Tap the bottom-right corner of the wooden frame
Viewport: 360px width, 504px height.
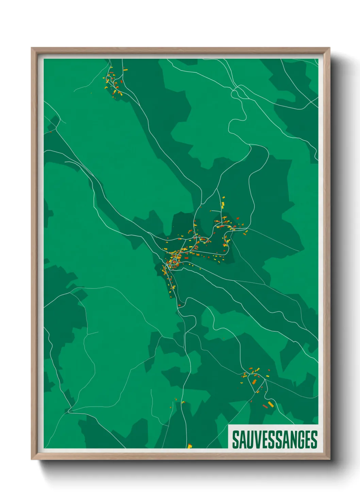click(x=329, y=459)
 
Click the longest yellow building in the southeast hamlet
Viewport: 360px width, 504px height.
click(x=271, y=404)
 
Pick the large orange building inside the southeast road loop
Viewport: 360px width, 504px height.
click(x=254, y=381)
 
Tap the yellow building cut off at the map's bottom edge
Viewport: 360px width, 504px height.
click(x=190, y=446)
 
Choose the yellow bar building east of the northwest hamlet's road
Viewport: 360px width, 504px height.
click(x=125, y=70)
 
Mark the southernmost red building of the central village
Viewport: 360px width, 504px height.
click(x=179, y=305)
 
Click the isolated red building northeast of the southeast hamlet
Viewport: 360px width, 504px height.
click(x=269, y=370)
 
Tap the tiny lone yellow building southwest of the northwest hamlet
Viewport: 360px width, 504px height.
click(x=91, y=93)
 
